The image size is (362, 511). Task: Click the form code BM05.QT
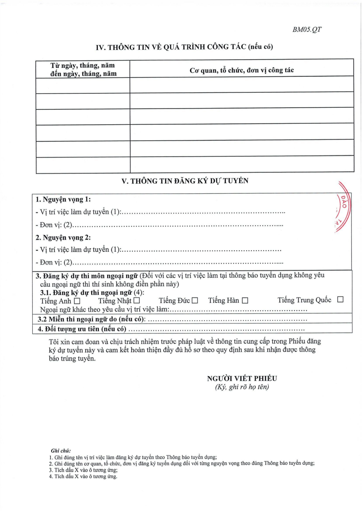pyautogui.click(x=307, y=30)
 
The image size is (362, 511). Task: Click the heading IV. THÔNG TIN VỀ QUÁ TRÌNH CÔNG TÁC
pyautogui.click(x=184, y=47)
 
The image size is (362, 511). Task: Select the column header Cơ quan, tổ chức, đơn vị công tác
pyautogui.click(x=241, y=70)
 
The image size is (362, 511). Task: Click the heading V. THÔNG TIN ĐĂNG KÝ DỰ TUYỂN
pyautogui.click(x=185, y=181)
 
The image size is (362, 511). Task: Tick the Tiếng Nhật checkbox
pyautogui.click(x=137, y=301)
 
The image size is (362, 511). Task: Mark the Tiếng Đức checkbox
pyautogui.click(x=195, y=301)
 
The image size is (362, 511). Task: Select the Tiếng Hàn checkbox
pyautogui.click(x=245, y=301)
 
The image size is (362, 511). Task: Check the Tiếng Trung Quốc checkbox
pyautogui.click(x=340, y=300)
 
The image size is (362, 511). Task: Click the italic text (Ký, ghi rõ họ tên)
pyautogui.click(x=242, y=387)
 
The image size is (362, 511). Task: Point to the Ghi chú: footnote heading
pyautogui.click(x=60, y=450)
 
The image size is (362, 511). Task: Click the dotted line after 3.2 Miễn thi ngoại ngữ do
pyautogui.click(x=228, y=319)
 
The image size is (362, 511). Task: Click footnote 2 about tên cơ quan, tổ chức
pyautogui.click(x=182, y=463)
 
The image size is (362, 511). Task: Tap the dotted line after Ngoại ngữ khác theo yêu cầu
pyautogui.click(x=238, y=310)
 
